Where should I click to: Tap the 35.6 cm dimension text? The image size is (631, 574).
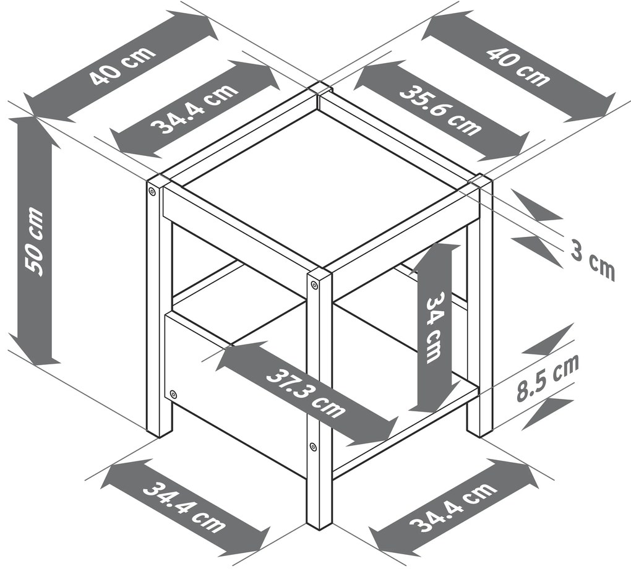tap(440, 110)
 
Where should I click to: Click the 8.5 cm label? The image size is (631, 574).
tap(547, 377)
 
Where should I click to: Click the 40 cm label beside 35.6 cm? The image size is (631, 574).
tap(518, 66)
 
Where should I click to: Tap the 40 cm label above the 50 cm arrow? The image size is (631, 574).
tap(122, 66)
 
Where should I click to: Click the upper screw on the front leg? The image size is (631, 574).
tap(314, 285)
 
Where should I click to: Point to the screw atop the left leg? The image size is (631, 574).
tap(152, 191)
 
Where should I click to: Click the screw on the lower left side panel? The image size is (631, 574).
tap(173, 393)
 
